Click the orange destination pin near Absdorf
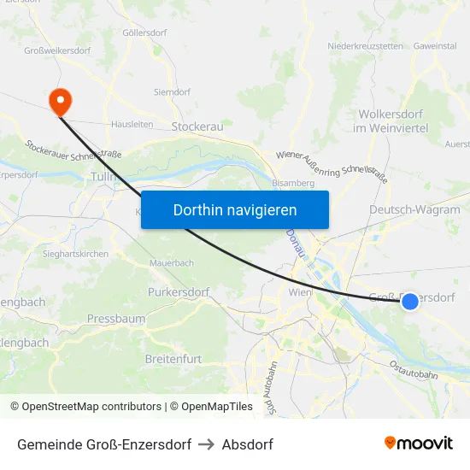(x=61, y=102)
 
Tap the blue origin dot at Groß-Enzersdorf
(x=410, y=301)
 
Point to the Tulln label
(x=103, y=176)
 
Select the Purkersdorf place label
(x=179, y=292)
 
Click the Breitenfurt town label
(x=173, y=359)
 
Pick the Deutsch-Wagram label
(x=414, y=209)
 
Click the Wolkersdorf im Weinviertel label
(x=393, y=120)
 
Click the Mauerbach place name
(x=172, y=263)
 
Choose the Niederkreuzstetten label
(x=366, y=46)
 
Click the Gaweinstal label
(x=435, y=46)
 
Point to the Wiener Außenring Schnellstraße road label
(x=332, y=162)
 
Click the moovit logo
(x=419, y=443)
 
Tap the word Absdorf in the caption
(x=248, y=444)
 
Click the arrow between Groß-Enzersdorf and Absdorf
(x=206, y=444)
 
